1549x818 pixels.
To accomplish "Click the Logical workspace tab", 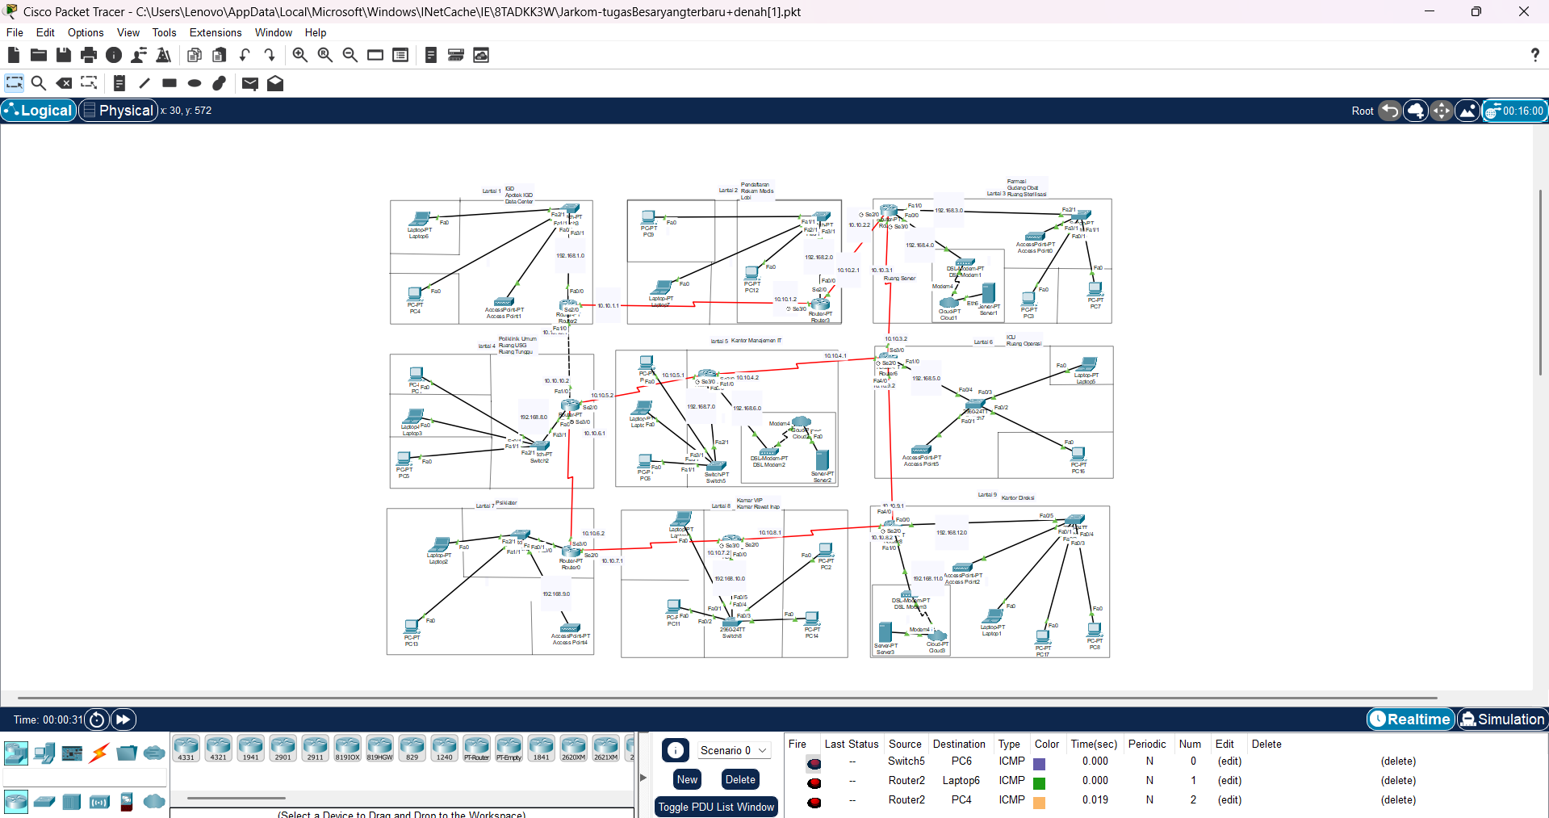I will [39, 111].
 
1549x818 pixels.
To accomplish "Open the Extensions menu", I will [216, 32].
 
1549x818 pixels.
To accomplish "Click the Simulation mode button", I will [1502, 719].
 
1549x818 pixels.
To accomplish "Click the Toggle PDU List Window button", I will [716, 807].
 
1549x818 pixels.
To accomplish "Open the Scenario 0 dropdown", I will [733, 750].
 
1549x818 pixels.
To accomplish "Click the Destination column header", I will [959, 744].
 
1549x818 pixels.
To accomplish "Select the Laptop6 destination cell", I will [961, 780].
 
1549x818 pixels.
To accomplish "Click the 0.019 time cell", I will [1095, 799].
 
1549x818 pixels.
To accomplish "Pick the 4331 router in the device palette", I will [186, 747].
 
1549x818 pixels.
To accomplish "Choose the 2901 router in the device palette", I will [283, 747].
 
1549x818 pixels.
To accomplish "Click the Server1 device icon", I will [988, 294].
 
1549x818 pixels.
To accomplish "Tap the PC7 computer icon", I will [1095, 290].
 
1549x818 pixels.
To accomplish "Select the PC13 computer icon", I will [412, 627].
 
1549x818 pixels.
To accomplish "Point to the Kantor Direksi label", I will [1018, 497].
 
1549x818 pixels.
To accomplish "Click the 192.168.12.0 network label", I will [952, 532].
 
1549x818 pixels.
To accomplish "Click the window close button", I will [1523, 11].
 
